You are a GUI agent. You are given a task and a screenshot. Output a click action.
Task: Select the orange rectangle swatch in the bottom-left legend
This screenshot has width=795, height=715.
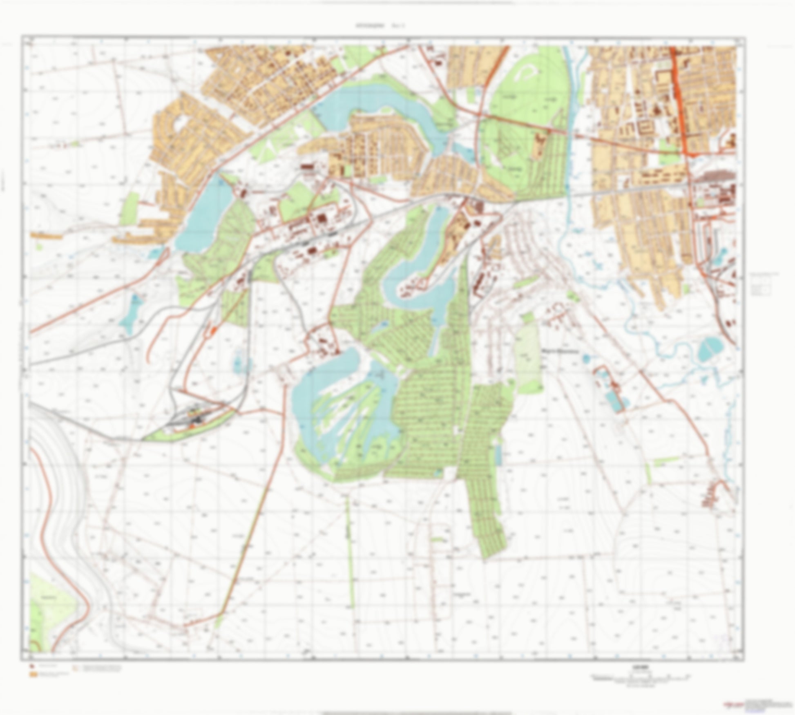pyautogui.click(x=32, y=675)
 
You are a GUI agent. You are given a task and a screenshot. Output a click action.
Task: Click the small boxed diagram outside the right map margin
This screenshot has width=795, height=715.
pyautogui.click(x=761, y=288)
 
